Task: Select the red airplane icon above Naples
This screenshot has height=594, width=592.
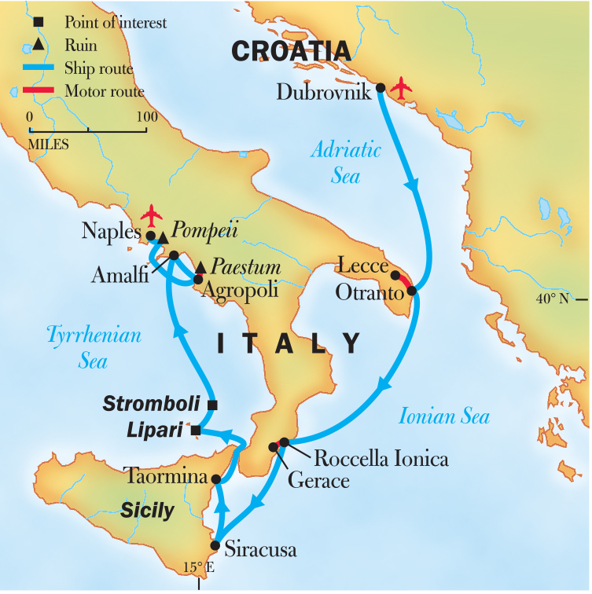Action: tap(152, 214)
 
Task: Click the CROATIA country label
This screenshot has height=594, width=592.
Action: tap(291, 50)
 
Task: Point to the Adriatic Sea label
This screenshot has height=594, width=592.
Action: tap(345, 162)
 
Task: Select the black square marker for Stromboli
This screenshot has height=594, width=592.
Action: tap(212, 405)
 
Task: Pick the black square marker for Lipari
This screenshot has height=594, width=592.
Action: tap(197, 431)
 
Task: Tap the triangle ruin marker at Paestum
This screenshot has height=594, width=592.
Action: tap(200, 268)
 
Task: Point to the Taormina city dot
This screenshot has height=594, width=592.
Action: tap(215, 478)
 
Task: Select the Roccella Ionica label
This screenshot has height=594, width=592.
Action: tap(381, 459)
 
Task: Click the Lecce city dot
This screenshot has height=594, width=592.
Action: tap(395, 276)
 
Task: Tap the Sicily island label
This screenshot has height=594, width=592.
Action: tap(147, 511)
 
